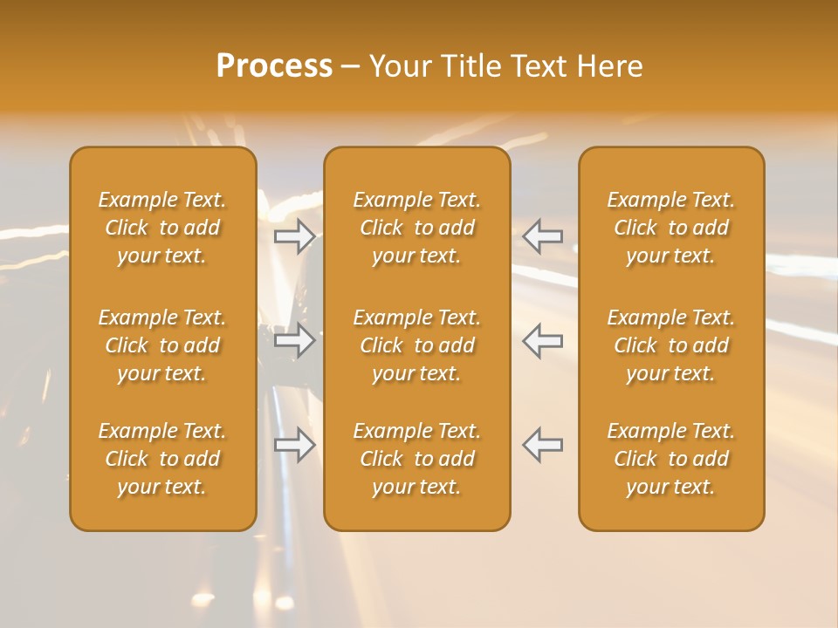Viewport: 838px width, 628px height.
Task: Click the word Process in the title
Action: coord(274,66)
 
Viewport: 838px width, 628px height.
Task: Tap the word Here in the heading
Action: coord(609,66)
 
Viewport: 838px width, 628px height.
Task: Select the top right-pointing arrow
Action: coord(295,235)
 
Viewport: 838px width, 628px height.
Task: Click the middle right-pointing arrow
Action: coord(295,340)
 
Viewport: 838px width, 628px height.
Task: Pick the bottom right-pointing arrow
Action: coord(295,445)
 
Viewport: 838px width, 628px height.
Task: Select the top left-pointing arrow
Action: coord(543,235)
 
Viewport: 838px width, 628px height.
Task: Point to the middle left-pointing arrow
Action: coord(543,340)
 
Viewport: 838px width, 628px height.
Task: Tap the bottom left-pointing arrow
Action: coord(543,445)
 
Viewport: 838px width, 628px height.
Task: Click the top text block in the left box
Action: coord(162,228)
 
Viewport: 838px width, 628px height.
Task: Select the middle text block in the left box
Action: coord(162,345)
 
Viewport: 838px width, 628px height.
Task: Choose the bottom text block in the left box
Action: coord(162,459)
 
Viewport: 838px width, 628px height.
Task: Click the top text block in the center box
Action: coord(417,228)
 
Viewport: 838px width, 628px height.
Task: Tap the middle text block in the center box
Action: coord(417,345)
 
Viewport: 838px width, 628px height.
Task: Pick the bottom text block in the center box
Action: coord(417,459)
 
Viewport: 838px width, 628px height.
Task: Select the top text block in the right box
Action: coord(671,228)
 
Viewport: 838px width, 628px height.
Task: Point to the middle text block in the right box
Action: coord(671,345)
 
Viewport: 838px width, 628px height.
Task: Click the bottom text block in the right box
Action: coord(671,459)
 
